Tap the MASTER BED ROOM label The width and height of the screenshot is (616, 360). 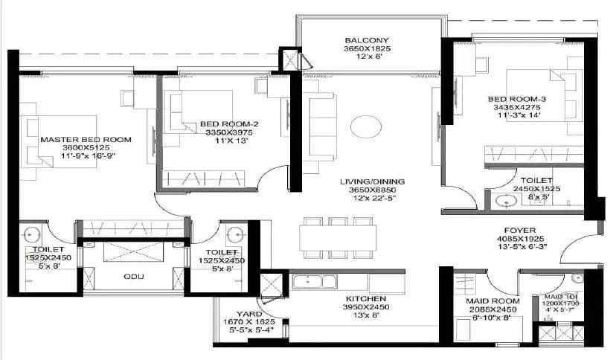86,139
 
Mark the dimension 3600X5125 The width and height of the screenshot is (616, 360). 86,148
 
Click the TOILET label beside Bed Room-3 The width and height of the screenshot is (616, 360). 536,181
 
